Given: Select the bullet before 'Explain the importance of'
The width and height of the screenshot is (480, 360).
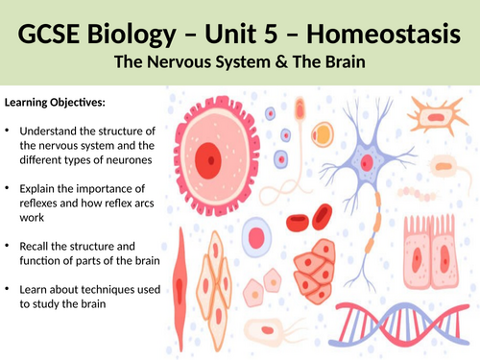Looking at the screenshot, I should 8,186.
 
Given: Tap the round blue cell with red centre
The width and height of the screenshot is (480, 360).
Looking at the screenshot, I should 256,234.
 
